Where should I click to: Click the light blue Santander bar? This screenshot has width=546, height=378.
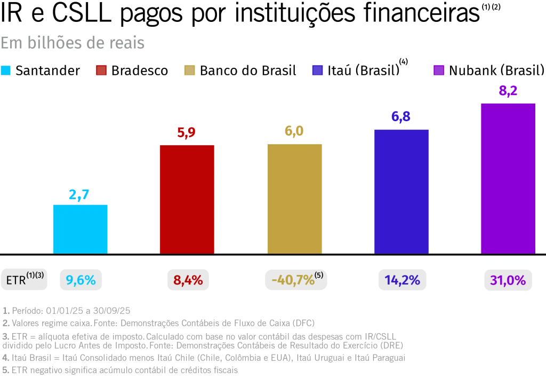pos(80,229)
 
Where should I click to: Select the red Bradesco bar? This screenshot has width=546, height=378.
pos(187,199)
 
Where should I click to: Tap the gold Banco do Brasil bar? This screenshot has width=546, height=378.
pos(294,199)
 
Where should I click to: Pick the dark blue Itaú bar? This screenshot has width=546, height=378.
pos(401,191)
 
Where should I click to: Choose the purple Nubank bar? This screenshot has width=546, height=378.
pos(508,178)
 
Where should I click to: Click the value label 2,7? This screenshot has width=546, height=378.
pos(80,194)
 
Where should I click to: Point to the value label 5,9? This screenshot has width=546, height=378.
pos(187,134)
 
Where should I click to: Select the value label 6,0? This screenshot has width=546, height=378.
pos(294,132)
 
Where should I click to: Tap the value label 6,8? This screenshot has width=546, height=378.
pos(401,117)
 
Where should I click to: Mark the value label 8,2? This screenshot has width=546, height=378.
pos(508,91)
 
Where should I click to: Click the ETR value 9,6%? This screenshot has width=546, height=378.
pos(81,280)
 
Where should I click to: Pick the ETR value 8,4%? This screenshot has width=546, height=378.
pos(188,280)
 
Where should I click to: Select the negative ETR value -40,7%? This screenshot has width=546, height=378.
pos(292,280)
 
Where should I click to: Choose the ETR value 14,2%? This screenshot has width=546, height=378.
pos(402,280)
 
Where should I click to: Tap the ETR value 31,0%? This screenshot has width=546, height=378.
pos(509,280)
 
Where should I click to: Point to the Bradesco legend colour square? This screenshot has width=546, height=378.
pos(101,70)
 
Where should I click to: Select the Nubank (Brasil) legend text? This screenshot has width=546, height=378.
pos(496,70)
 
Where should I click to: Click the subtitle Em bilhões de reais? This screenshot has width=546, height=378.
pos(73,43)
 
